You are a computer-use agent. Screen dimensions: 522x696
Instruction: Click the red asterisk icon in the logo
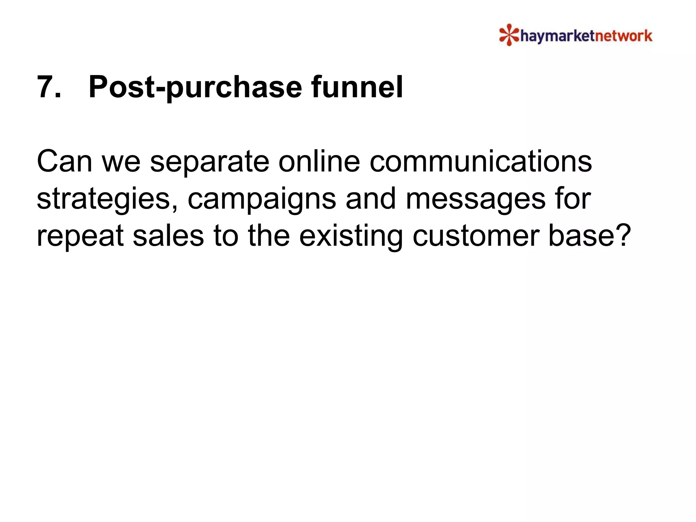coord(509,35)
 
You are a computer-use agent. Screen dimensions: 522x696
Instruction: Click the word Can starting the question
coord(64,161)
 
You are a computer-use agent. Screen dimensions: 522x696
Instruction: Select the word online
coord(319,161)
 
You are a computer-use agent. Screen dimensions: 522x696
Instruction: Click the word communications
coord(481,161)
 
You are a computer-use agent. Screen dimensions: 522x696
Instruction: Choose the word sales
coord(168,236)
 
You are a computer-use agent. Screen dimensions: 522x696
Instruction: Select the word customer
coord(475,236)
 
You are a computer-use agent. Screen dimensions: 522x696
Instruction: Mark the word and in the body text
coord(370,199)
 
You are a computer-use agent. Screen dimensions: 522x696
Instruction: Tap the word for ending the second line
coord(573,199)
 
